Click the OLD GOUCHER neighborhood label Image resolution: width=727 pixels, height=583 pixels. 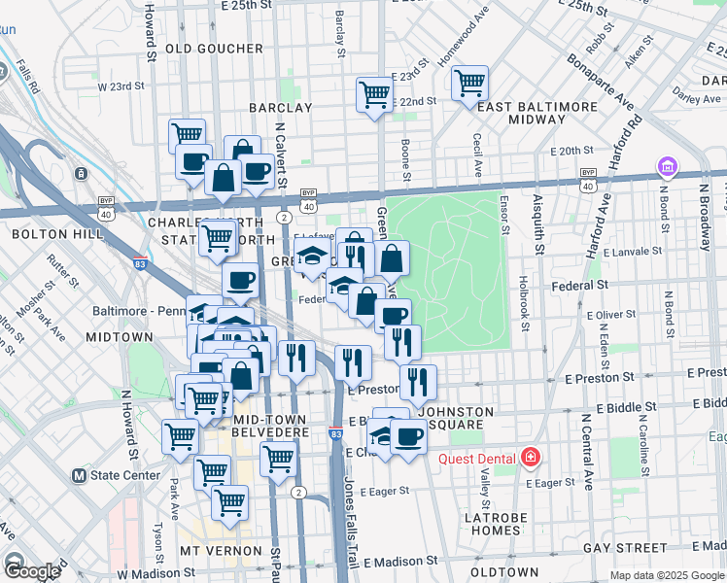[x=214, y=49]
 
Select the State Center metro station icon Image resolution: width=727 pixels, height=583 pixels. [x=81, y=476]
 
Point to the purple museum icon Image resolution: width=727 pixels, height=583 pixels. [x=667, y=167]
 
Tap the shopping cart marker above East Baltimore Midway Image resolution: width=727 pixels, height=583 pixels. [x=470, y=83]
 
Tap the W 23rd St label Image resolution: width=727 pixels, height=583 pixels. [x=121, y=86]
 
